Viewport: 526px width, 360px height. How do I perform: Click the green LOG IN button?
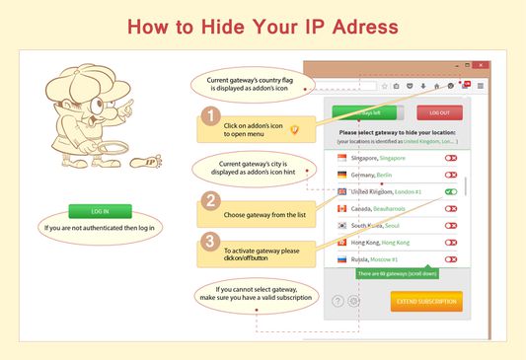pyautogui.click(x=100, y=211)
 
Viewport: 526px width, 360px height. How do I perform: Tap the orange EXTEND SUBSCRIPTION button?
pyautogui.click(x=425, y=301)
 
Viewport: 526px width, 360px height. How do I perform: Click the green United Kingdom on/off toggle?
pyautogui.click(x=450, y=191)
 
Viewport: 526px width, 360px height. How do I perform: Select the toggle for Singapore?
pyautogui.click(x=450, y=158)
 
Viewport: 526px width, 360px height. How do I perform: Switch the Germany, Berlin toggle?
pyautogui.click(x=450, y=175)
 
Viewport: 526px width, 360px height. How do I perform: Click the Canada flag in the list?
pyautogui.click(x=342, y=208)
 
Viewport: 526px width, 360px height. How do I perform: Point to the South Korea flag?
pyautogui.click(x=342, y=226)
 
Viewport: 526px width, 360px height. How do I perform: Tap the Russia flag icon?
pyautogui.click(x=342, y=259)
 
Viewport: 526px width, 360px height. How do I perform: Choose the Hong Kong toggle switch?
pyautogui.click(x=450, y=243)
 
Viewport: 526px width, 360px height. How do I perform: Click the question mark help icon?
pyautogui.click(x=338, y=301)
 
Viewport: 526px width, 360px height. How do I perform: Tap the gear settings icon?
pyautogui.click(x=353, y=301)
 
